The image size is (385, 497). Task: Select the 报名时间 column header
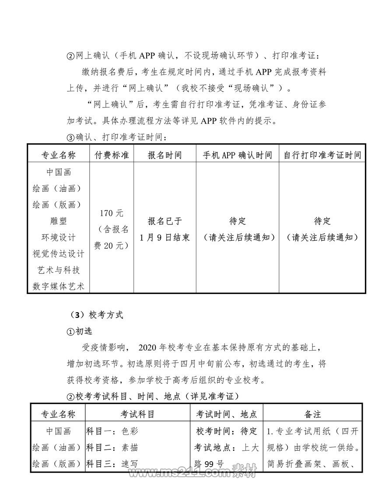point(164,155)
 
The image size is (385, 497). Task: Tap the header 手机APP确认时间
point(237,155)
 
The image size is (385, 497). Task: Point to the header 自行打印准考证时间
point(322,155)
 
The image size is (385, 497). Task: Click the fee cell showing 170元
point(112,214)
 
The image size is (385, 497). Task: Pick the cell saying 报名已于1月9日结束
point(164,229)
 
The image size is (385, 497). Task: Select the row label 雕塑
point(58,221)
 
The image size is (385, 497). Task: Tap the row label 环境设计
point(58,237)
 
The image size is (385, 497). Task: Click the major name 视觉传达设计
point(58,254)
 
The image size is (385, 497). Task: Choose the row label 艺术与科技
point(58,270)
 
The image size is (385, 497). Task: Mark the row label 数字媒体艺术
point(58,286)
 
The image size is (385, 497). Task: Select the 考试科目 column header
point(137,414)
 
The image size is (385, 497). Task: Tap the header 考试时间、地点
point(226,414)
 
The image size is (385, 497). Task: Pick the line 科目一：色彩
point(112,431)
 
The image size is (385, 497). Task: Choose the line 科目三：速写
point(112,463)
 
